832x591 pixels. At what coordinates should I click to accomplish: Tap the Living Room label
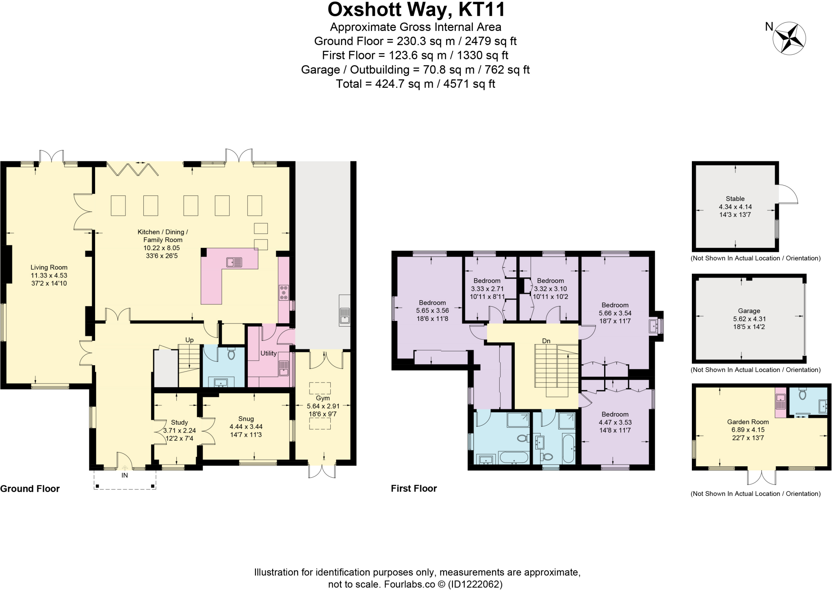pos(49,267)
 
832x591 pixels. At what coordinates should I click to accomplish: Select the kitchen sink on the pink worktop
pos(234,262)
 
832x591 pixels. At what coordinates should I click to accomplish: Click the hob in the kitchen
pos(284,292)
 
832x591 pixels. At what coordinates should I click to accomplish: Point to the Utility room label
pos(268,353)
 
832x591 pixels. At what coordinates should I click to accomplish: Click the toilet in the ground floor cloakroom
pos(231,355)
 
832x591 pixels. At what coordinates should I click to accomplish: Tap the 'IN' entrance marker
pos(125,475)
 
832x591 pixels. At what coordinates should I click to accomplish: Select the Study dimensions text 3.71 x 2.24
pos(179,431)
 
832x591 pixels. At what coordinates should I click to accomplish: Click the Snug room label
pos(246,419)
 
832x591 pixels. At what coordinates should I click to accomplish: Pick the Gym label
pos(323,398)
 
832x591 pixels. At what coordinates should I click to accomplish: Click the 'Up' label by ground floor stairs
pos(189,340)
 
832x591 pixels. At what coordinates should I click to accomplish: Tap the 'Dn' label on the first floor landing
pos(546,341)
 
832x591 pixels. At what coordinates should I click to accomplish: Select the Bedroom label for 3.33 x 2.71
pos(487,281)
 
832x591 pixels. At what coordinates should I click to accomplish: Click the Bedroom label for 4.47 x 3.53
pos(615,414)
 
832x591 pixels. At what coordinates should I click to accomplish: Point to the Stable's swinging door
pos(788,194)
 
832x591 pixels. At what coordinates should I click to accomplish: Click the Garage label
pos(749,311)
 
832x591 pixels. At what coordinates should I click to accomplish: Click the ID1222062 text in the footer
pos(475,585)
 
